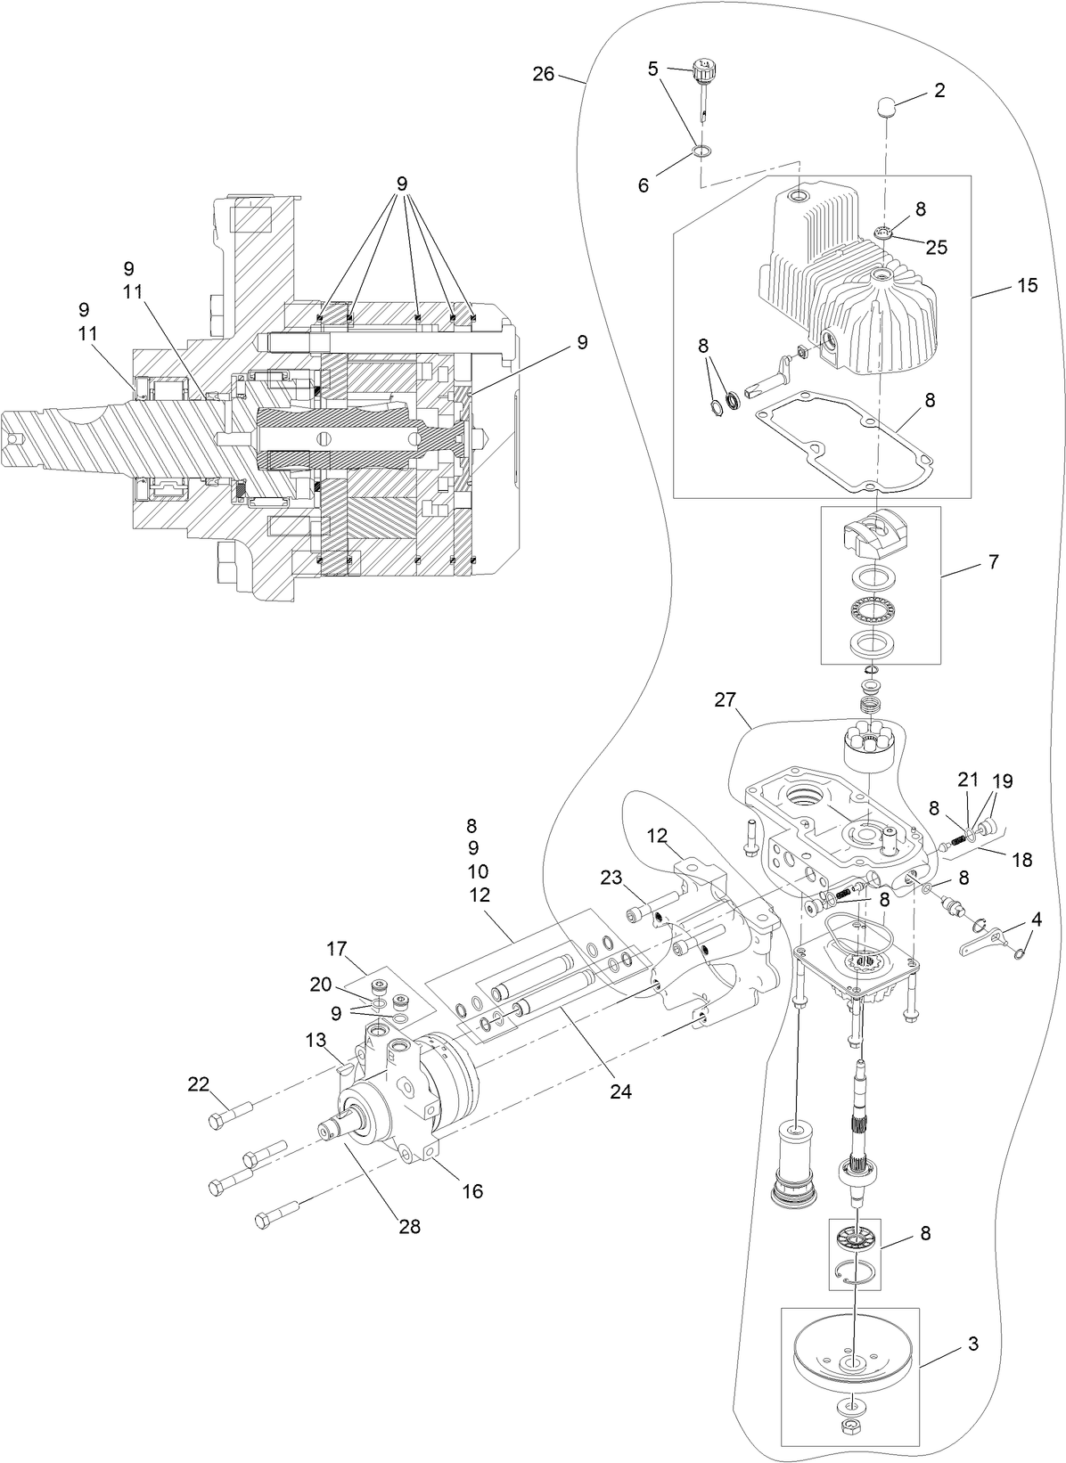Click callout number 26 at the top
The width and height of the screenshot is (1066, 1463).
click(x=544, y=74)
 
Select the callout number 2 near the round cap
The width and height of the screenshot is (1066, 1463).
click(x=939, y=90)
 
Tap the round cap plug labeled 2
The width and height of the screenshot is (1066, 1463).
click(x=885, y=109)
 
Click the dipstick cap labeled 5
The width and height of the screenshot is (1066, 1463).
click(x=706, y=68)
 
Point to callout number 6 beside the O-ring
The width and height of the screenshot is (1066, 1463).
click(x=644, y=184)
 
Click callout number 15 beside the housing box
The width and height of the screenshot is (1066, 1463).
click(x=1027, y=286)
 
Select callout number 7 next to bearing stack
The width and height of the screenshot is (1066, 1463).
click(x=993, y=562)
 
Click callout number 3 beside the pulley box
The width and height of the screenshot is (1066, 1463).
click(x=972, y=1344)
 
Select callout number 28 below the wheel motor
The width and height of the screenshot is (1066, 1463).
click(x=409, y=1227)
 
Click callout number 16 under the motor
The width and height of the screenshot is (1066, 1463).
click(x=471, y=1191)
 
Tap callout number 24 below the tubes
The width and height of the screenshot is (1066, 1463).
click(x=620, y=1091)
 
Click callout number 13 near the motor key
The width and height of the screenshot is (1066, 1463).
click(x=316, y=1040)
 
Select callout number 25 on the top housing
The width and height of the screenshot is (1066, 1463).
click(x=936, y=247)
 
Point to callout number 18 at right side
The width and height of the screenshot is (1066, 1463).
click(x=1021, y=860)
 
